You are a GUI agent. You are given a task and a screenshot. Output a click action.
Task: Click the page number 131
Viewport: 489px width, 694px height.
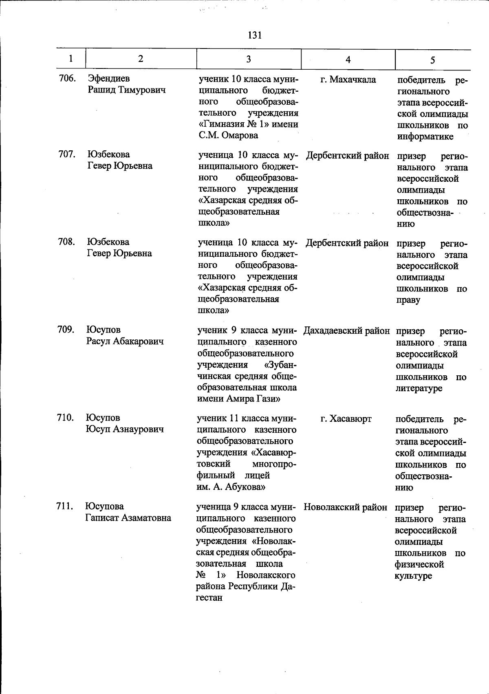(x=254, y=35)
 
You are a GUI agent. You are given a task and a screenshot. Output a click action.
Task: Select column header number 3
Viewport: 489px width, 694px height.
(x=249, y=59)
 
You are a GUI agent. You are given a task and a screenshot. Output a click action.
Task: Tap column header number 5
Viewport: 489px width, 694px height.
(x=432, y=60)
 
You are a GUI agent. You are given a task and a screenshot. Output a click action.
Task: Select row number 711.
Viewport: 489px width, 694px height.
(x=65, y=507)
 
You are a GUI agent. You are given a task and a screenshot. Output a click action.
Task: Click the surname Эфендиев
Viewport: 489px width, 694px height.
(x=109, y=78)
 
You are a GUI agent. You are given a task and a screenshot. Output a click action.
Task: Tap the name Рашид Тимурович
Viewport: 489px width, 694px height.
(x=127, y=90)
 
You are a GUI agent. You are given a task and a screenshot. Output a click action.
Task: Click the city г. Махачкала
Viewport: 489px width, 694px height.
(x=348, y=79)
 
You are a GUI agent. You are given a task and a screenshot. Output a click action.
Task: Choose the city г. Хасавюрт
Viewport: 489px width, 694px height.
(x=346, y=419)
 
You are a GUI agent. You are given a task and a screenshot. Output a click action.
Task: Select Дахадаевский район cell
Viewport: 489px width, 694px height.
(x=347, y=331)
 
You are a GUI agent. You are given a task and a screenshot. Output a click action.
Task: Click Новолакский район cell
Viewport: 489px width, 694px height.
(x=346, y=507)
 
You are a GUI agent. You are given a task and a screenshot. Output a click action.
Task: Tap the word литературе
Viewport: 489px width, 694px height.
(x=419, y=388)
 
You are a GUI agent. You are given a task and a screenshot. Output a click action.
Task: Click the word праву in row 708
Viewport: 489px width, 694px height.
(x=408, y=300)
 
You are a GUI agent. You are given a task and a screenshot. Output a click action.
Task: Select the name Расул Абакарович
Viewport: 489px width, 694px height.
(x=125, y=341)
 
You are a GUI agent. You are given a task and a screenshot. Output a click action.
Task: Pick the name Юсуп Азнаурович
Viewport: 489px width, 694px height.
(x=125, y=429)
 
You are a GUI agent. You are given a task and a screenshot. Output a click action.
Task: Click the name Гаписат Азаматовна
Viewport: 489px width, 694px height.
(x=128, y=518)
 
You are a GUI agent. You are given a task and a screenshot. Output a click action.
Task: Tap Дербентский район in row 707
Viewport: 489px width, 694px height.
(x=347, y=156)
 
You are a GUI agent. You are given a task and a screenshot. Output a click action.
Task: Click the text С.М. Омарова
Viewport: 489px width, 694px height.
(x=228, y=135)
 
